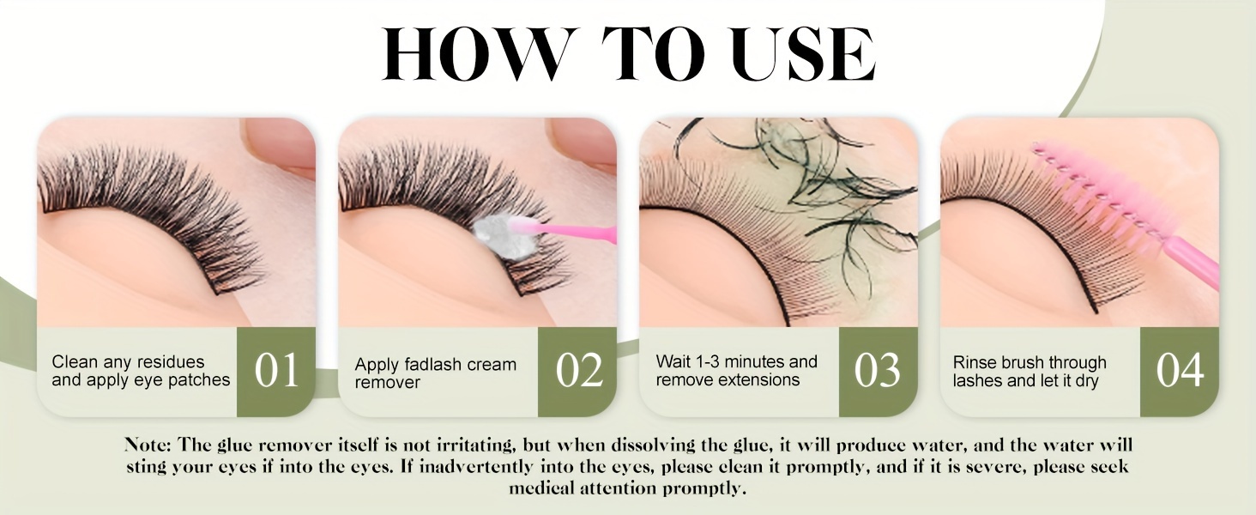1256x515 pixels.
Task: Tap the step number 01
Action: pos(276,370)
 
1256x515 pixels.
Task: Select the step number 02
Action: pos(577,370)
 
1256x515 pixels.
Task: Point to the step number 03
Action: pos(878,370)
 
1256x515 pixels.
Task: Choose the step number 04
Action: pos(1180,370)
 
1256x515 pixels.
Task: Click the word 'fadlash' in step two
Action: pos(435,364)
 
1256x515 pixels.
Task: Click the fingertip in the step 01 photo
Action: pos(279,143)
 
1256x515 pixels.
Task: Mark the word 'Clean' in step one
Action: pos(75,362)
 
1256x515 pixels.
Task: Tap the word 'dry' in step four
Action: pos(1087,381)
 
